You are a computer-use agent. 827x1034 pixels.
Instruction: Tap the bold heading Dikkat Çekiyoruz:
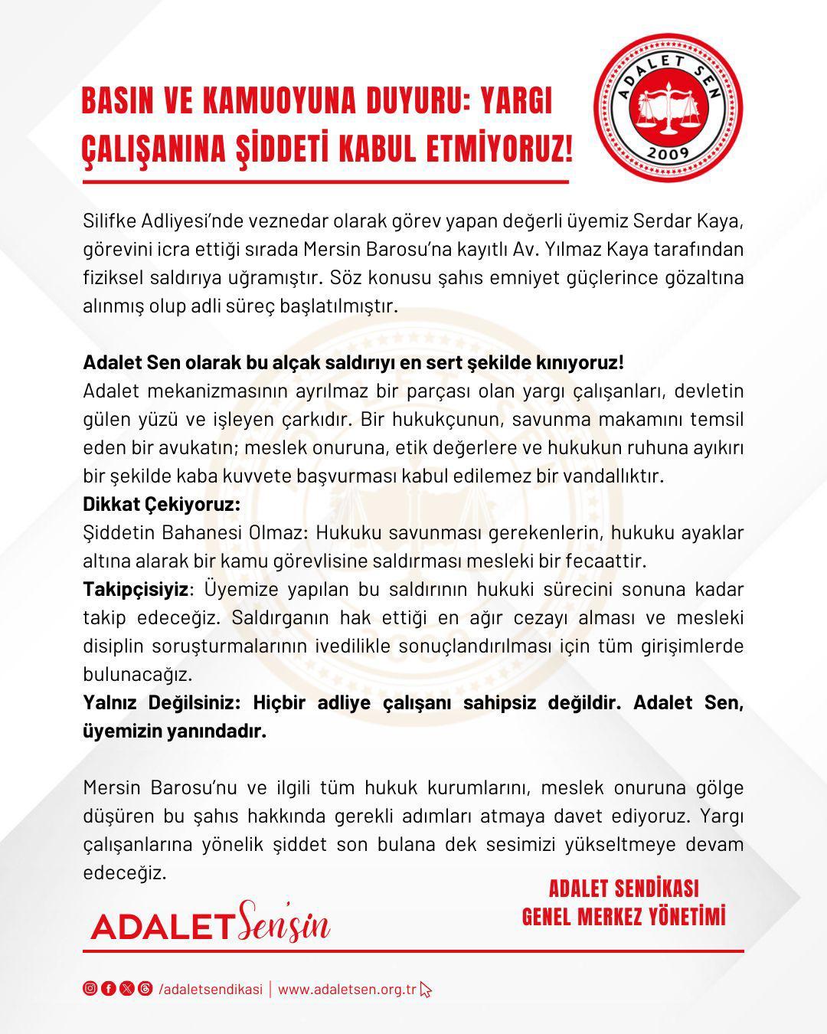tap(162, 504)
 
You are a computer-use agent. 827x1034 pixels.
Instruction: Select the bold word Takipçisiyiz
tap(136, 589)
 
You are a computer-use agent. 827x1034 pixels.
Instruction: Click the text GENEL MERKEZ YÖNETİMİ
tap(623, 916)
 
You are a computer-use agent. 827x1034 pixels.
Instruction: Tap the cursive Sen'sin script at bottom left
tap(283, 922)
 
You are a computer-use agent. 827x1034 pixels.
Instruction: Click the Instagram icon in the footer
tap(90, 988)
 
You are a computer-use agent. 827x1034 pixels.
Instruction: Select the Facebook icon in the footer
tap(108, 988)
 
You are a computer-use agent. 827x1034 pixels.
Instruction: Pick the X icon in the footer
tap(126, 988)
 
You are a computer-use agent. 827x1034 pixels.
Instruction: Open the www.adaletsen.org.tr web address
tap(347, 989)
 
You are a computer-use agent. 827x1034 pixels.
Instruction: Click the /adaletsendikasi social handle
tap(211, 989)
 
